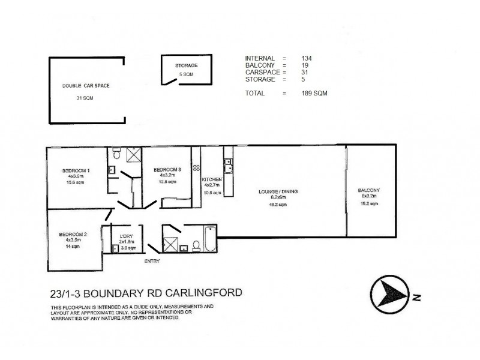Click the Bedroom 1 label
pyautogui.click(x=76, y=170)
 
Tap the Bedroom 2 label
pyautogui.click(x=73, y=234)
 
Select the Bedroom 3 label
pyautogui.click(x=164, y=169)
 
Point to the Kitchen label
pyautogui.click(x=212, y=180)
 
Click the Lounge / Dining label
pyautogui.click(x=278, y=191)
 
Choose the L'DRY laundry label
pyautogui.click(x=126, y=236)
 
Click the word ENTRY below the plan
pyautogui.click(x=153, y=262)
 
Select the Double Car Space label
pyautogui.click(x=86, y=86)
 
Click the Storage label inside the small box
pyautogui.click(x=186, y=65)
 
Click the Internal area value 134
pyautogui.click(x=307, y=58)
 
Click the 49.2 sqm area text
pyautogui.click(x=278, y=205)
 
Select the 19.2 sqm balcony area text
pyautogui.click(x=369, y=204)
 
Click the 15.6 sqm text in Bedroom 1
pyautogui.click(x=76, y=183)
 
